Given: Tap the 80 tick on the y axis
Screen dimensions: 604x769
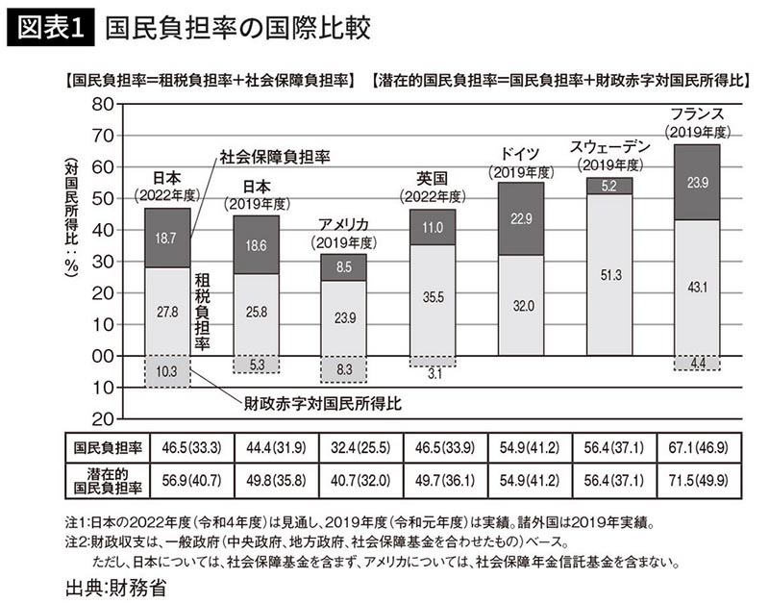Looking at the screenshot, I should point(102,105).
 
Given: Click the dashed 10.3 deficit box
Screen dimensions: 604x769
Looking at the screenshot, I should point(167,371).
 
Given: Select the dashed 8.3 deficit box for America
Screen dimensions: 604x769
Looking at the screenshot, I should point(343,368).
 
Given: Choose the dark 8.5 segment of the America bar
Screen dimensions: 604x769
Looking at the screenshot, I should point(343,267).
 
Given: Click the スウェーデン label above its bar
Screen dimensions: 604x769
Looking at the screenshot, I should point(609,147).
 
